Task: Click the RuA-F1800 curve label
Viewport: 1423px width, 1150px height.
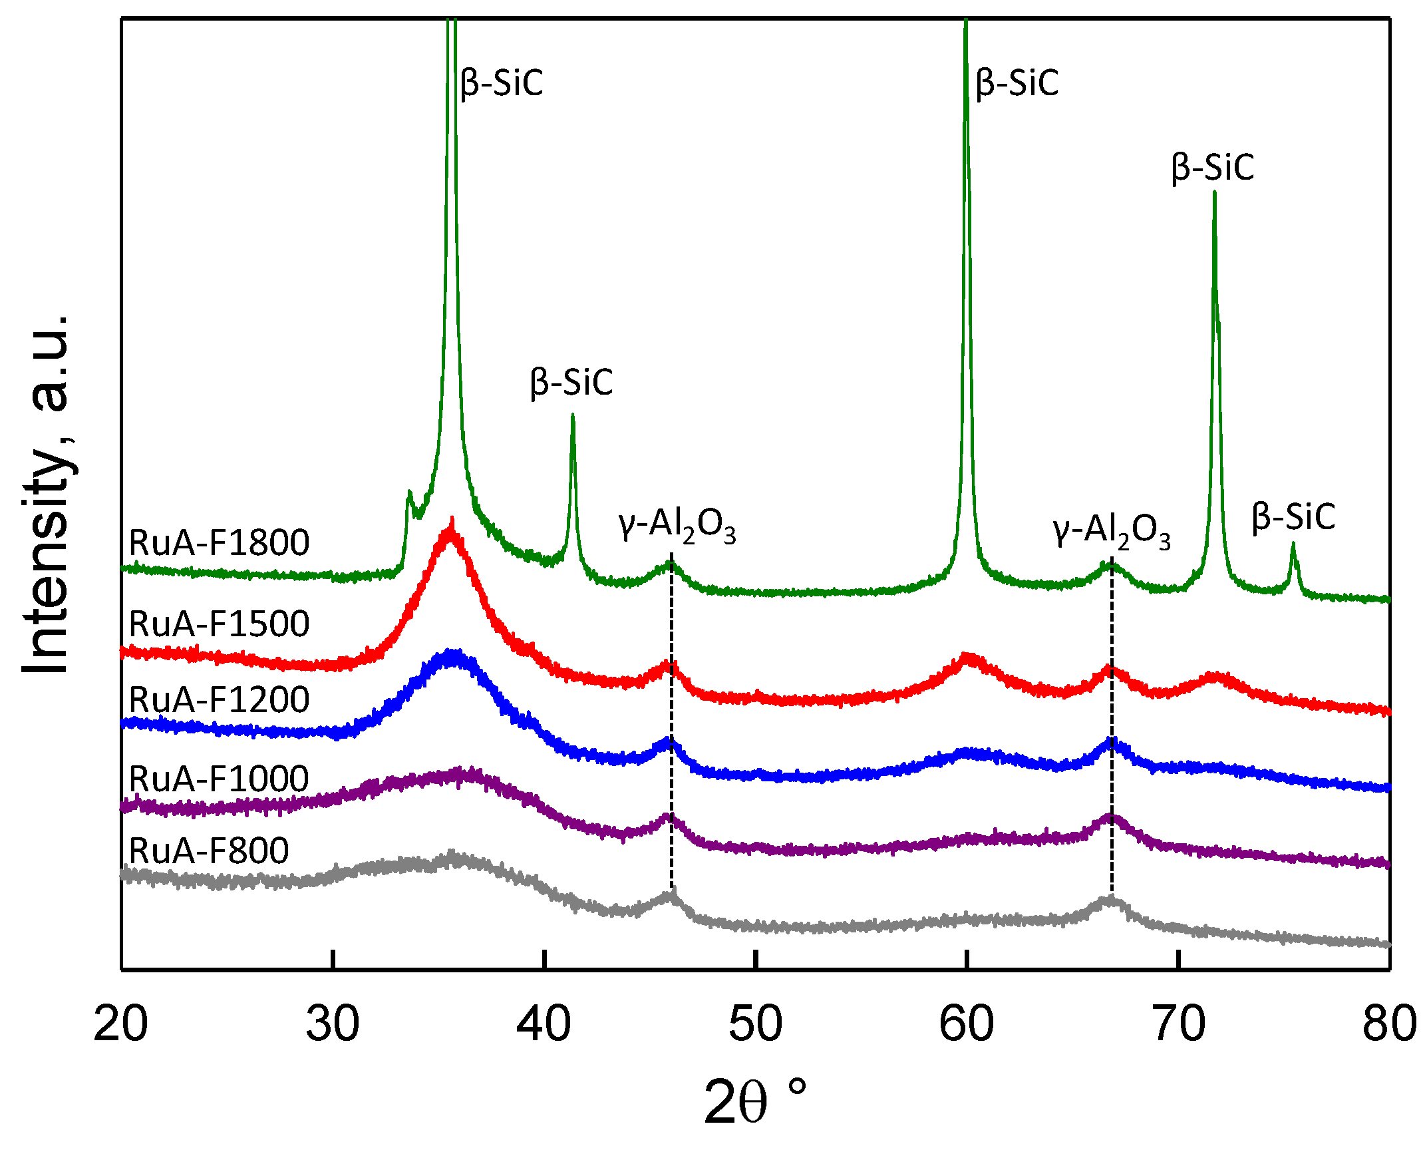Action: pos(219,542)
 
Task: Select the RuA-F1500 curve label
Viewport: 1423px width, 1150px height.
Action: pos(219,624)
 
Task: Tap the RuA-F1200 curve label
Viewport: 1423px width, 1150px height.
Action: pos(219,699)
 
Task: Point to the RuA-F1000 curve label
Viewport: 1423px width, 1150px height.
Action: pos(219,779)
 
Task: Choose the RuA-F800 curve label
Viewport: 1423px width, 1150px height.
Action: pos(209,851)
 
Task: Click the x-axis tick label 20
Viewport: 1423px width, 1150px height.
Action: pos(121,1024)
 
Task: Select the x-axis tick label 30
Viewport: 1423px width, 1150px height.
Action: pos(333,1024)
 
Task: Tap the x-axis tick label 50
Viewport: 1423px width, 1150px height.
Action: pos(755,1024)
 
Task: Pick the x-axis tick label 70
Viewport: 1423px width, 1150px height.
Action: pos(1178,1024)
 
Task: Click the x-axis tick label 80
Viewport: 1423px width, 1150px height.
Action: pos(1389,1024)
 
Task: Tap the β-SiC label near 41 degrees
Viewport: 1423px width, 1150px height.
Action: pos(571,383)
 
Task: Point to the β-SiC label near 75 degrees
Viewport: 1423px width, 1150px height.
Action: pos(1293,516)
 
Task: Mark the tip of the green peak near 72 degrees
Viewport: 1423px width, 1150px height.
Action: pos(1215,193)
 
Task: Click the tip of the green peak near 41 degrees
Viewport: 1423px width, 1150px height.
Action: pos(572,415)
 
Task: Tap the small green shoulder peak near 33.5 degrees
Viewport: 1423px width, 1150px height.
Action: pos(409,493)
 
